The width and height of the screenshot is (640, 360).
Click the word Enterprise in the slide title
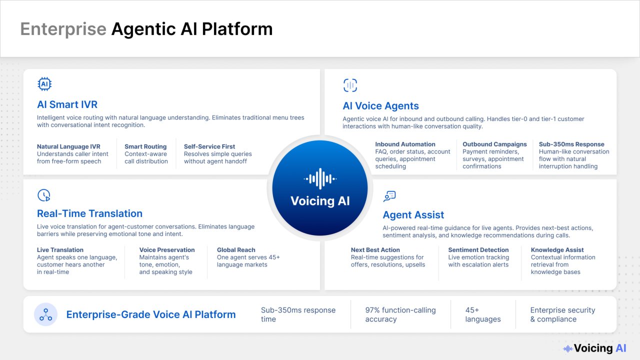point(63,29)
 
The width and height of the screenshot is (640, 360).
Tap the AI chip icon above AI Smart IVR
point(44,84)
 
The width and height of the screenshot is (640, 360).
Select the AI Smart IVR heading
point(67,104)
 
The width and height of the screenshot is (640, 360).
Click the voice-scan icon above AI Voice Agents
point(350,85)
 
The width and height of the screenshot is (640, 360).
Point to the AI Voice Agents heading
point(380,106)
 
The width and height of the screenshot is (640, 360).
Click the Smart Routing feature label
point(145,146)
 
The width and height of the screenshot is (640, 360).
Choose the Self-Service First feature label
point(209,146)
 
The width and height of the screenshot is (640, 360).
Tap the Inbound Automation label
point(405,144)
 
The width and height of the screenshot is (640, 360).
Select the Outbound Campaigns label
point(494,144)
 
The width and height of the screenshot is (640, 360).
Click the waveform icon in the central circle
point(320,179)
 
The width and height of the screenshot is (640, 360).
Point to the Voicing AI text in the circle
point(320,201)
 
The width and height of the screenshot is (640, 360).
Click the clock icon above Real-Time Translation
point(44,195)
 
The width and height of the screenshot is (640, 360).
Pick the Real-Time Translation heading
point(89,213)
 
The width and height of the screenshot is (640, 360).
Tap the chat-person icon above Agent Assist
point(389,196)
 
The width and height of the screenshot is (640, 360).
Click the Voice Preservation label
point(167,250)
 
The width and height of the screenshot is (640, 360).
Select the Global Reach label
point(236,250)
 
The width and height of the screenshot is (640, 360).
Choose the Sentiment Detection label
point(478,250)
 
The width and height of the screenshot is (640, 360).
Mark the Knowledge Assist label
point(557,250)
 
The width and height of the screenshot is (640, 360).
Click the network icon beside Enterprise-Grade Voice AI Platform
point(45,314)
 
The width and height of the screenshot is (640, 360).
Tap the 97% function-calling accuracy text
point(400,314)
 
